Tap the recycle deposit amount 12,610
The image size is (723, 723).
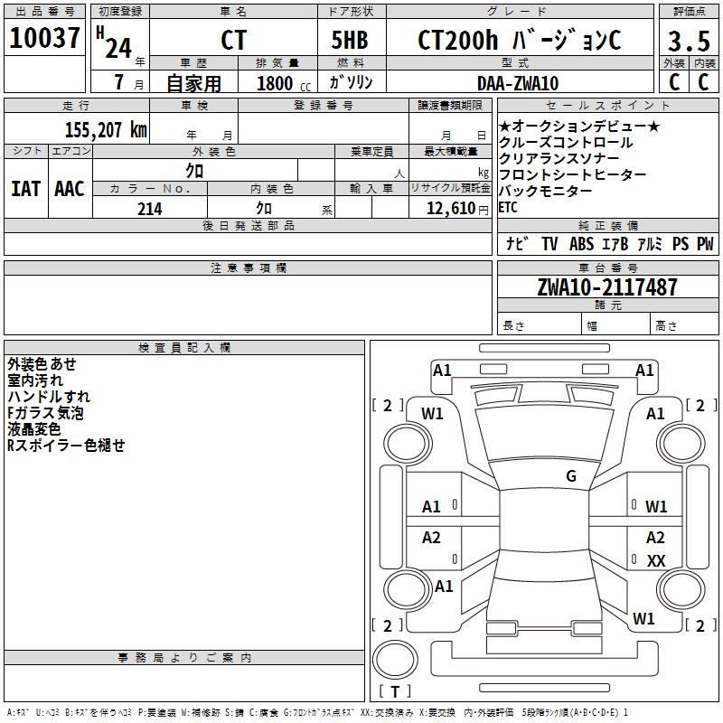pos(446,209)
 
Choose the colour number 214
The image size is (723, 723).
pos(149,209)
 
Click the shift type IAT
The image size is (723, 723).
pos(25,188)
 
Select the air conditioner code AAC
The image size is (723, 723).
pos(70,188)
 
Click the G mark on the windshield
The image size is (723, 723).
pos(571,476)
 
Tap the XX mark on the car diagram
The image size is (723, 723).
pos(656,561)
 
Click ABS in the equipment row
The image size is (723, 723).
pos(581,244)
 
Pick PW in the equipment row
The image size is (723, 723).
pos(705,244)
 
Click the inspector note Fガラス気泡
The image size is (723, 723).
pos(45,413)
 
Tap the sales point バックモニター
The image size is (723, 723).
pos(545,191)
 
